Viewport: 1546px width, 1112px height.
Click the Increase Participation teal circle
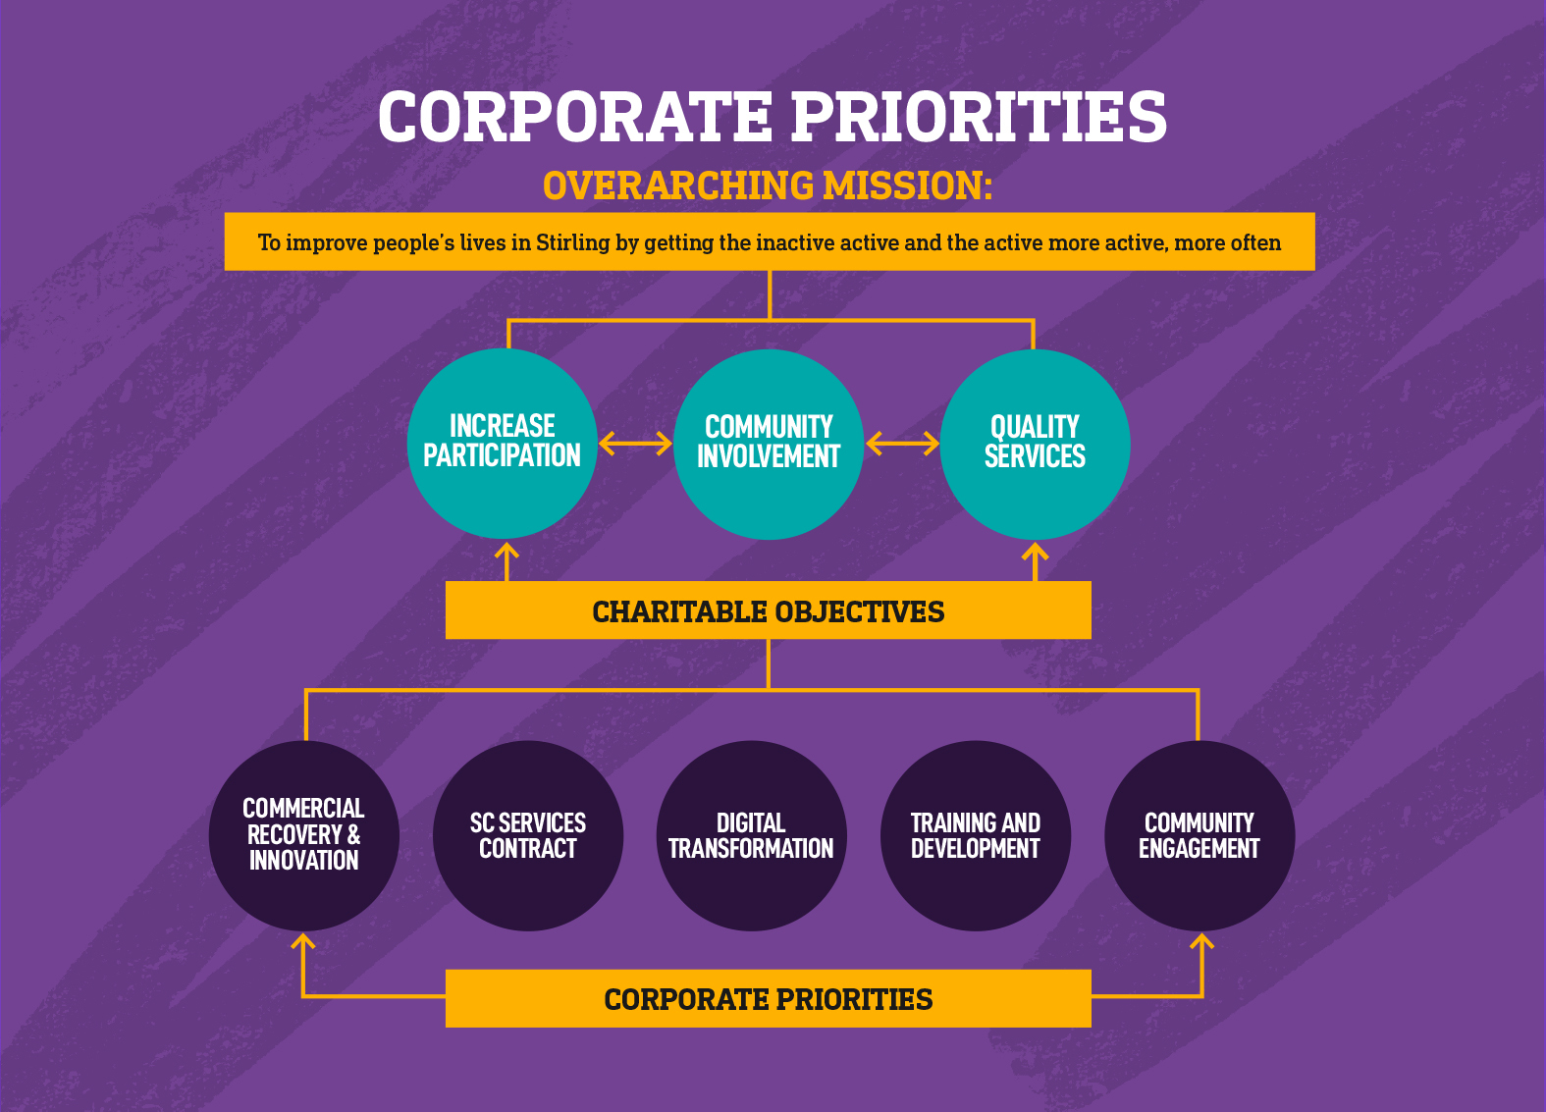502,444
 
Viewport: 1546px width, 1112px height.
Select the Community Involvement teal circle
769,444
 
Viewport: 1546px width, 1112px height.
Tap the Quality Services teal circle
1035,444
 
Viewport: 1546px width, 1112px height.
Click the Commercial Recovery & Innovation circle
303,835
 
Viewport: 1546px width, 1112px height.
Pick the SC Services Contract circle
528,835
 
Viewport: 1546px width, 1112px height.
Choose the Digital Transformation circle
752,835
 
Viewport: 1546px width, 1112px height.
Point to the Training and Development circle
976,835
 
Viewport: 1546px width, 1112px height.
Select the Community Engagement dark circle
1199,835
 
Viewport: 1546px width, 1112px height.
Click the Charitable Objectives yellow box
769,610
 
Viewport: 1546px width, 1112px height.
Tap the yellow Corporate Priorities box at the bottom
769,998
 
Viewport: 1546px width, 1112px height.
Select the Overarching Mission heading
768,185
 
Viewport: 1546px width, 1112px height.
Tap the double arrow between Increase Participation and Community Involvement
635,444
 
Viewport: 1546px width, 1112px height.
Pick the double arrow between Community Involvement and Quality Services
902,444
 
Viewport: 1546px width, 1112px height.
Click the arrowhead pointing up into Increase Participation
506,551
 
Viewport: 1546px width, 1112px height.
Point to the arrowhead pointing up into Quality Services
1035,551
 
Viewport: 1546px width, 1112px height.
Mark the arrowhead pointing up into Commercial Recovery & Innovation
303,941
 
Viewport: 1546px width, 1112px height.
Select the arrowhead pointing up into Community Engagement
1201,941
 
